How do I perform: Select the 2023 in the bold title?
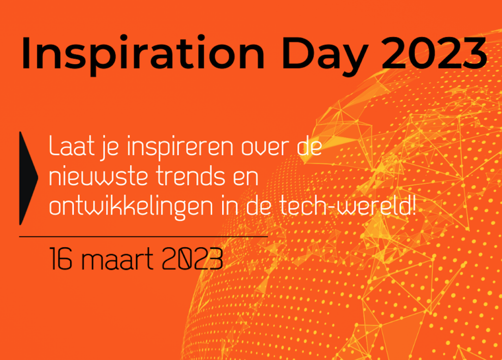pos(434,52)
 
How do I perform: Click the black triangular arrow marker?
pos(28,178)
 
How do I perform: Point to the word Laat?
pos(72,146)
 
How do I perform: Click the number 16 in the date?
pos(61,259)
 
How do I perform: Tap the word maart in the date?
pos(117,259)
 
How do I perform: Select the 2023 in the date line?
pos(192,259)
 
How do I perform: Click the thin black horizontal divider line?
pos(144,237)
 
